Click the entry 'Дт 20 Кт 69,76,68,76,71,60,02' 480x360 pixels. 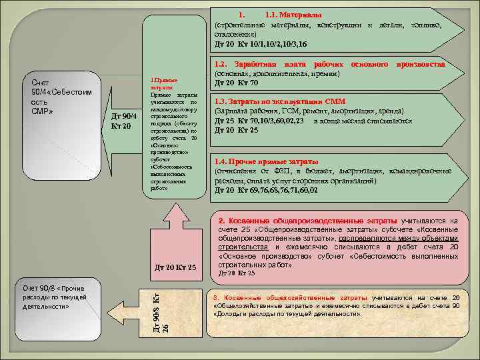pyautogui.click(x=266, y=190)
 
